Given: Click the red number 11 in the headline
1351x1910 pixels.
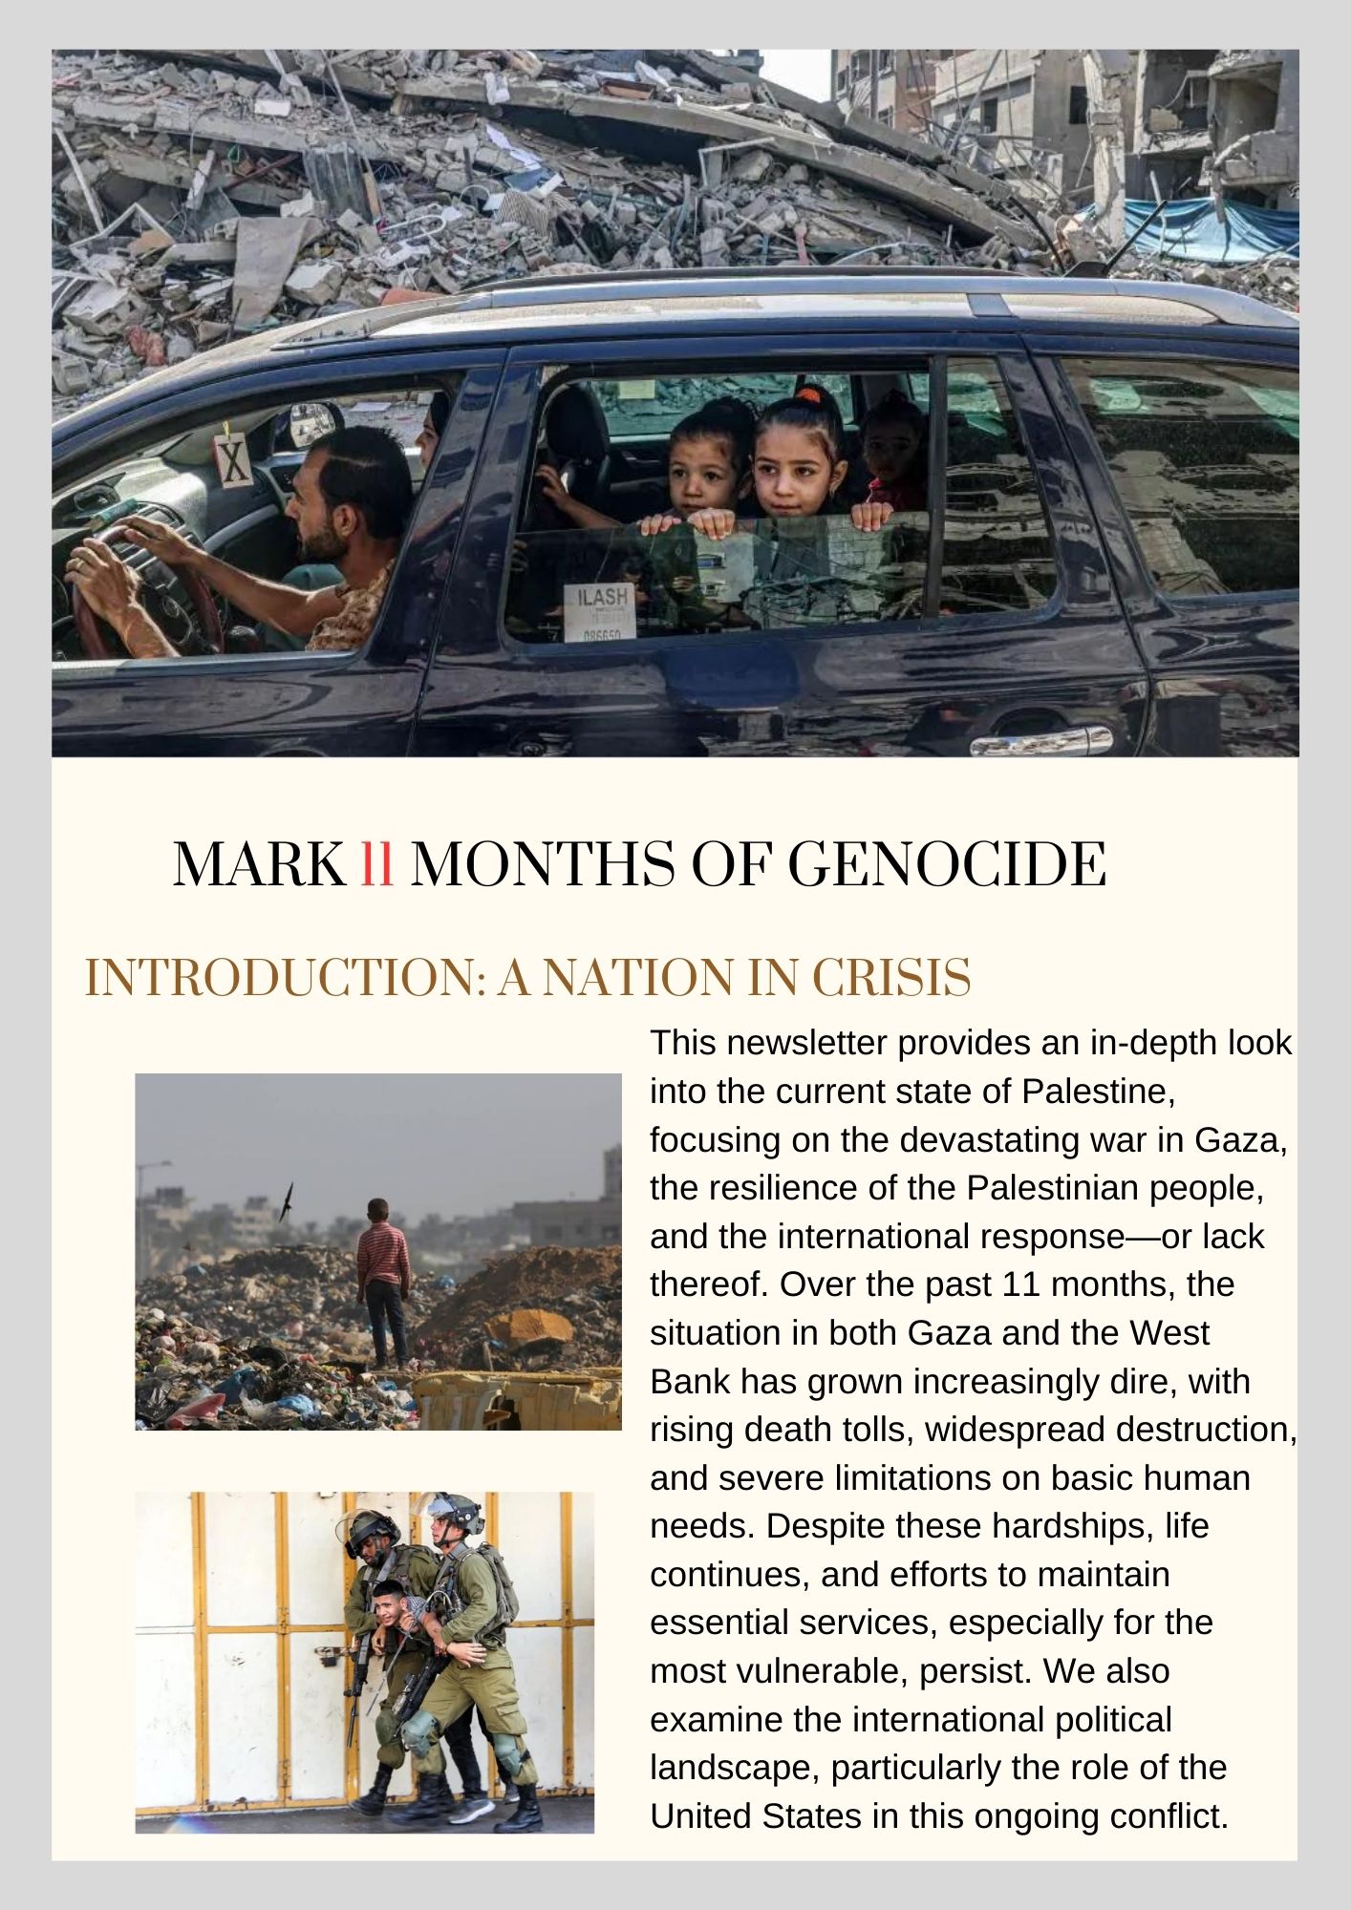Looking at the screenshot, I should (x=377, y=864).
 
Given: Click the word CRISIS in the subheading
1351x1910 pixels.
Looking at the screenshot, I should (x=890, y=977).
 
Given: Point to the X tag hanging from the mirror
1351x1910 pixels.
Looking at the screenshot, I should (x=233, y=457).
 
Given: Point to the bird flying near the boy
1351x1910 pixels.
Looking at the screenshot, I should (x=286, y=1200).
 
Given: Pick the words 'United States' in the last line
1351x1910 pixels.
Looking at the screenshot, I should (x=756, y=1815).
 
